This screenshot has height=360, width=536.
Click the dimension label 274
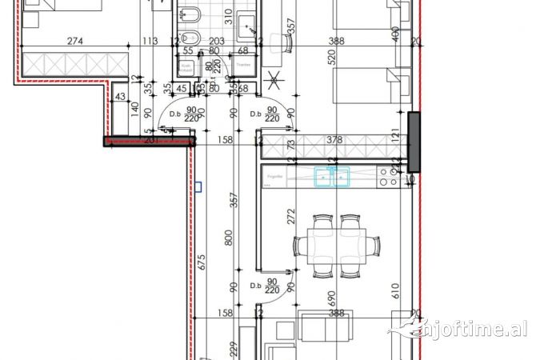pos(74,42)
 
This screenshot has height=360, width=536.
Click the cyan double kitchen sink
pos(334,176)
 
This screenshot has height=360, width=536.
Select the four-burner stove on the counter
pos(388,178)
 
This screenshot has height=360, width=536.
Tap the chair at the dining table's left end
pos(298,246)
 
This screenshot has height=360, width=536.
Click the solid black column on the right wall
pos(414,142)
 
